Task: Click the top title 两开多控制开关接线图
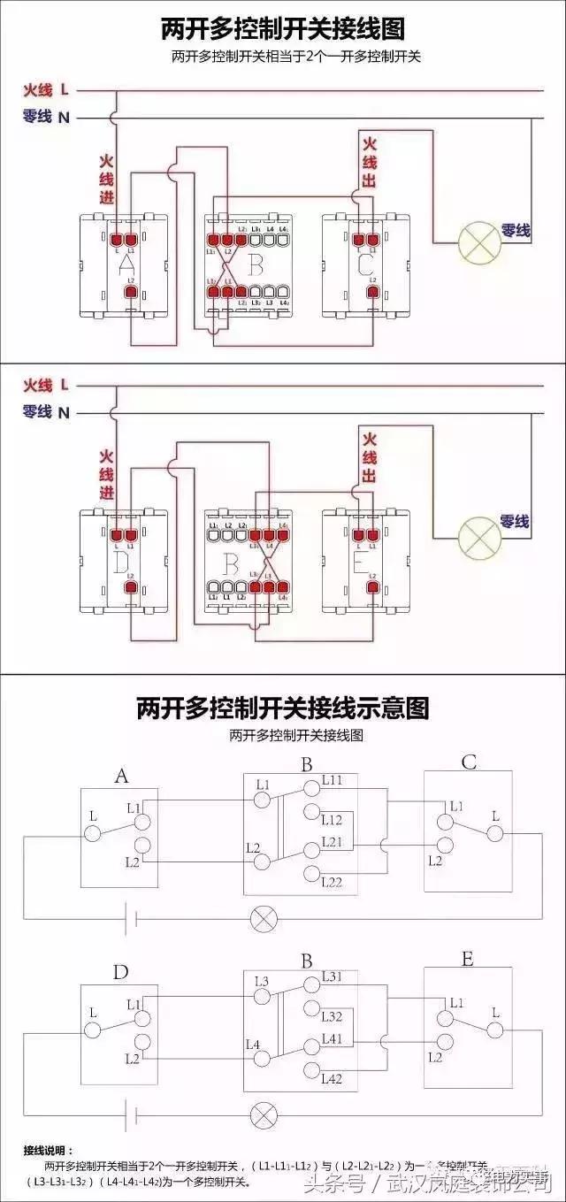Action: coord(283,29)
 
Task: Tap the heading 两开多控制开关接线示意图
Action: coord(283,708)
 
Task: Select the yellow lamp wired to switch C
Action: coord(478,241)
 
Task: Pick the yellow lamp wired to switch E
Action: coord(478,534)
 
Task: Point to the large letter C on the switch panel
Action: coord(364,264)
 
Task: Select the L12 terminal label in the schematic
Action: coord(333,820)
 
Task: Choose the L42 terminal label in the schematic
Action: coord(333,1078)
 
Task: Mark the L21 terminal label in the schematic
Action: coord(333,840)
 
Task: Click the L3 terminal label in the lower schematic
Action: coord(262,981)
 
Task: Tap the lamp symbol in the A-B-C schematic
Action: coord(263,918)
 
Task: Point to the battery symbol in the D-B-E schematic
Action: coord(132,1113)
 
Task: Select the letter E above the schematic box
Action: coord(467,959)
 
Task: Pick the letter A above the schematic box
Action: coord(121,776)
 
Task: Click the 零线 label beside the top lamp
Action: coord(516,230)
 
